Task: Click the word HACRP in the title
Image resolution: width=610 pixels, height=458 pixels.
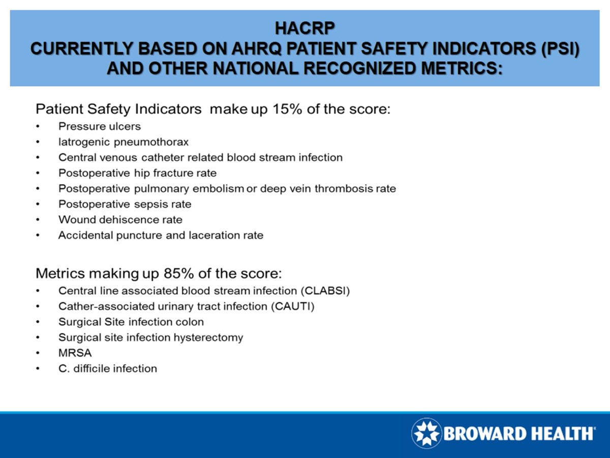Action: pyautogui.click(x=305, y=26)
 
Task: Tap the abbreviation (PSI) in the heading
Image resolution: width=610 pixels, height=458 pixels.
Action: pyautogui.click(x=559, y=49)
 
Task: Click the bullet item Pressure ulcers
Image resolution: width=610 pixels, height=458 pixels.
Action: pyautogui.click(x=99, y=126)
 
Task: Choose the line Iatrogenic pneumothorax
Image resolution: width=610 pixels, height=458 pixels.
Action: pyautogui.click(x=124, y=141)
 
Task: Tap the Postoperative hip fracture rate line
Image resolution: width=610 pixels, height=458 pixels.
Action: pyautogui.click(x=137, y=173)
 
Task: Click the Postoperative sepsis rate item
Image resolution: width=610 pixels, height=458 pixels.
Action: pyautogui.click(x=125, y=204)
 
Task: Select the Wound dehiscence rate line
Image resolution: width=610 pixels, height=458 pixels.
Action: pyautogui.click(x=120, y=220)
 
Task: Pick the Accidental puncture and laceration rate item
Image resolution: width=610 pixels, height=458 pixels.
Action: pyautogui.click(x=161, y=236)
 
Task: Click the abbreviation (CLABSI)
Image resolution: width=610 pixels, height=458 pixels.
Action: pyautogui.click(x=325, y=291)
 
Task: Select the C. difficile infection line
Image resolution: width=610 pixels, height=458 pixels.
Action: pyautogui.click(x=107, y=368)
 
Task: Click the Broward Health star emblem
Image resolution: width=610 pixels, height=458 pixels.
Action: pyautogui.click(x=426, y=433)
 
